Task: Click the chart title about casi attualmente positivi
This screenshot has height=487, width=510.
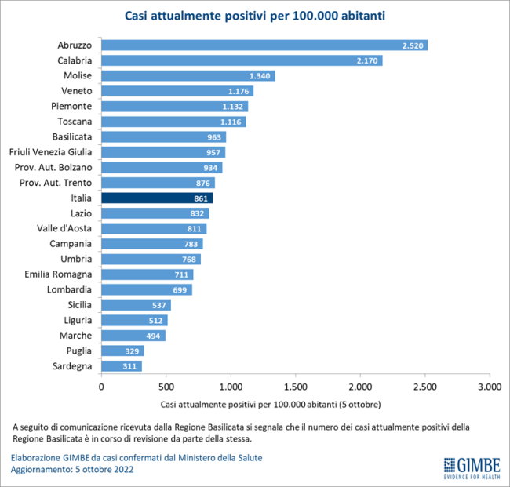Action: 256,16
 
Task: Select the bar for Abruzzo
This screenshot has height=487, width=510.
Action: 264,45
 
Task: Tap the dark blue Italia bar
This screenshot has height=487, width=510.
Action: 157,198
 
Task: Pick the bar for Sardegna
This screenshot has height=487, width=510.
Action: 121,366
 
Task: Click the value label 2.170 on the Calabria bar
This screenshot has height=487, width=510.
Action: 367,60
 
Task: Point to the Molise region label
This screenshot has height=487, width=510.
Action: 78,75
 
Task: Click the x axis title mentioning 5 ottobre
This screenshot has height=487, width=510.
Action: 271,405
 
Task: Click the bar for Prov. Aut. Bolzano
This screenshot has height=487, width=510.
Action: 162,168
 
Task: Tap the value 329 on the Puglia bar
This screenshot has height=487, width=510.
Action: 133,351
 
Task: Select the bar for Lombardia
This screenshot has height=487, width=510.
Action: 146,289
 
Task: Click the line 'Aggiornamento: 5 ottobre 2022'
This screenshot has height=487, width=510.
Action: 72,469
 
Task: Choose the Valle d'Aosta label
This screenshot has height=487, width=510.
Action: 65,228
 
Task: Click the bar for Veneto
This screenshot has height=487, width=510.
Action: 177,91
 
